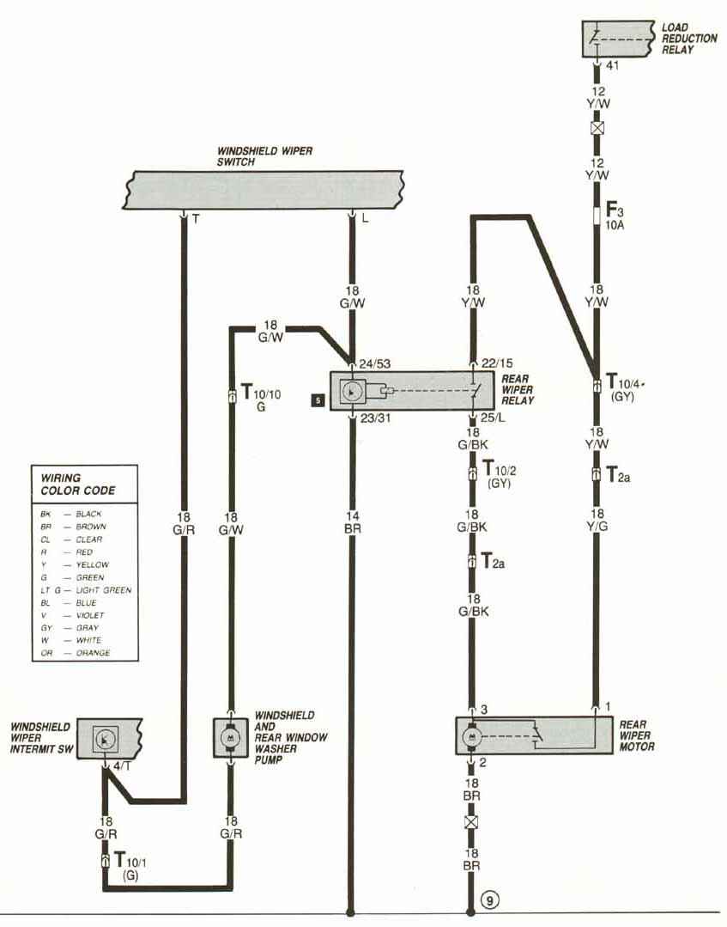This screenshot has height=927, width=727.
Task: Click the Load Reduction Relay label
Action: (x=677, y=39)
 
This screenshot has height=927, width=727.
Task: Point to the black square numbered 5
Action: (x=318, y=400)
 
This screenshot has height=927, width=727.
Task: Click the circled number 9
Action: (x=489, y=900)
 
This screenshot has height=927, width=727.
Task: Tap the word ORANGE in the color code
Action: (x=95, y=653)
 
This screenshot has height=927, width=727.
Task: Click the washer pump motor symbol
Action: (x=229, y=736)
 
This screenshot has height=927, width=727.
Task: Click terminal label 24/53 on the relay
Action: (x=375, y=363)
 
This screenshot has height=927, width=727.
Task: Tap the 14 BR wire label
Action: (x=352, y=523)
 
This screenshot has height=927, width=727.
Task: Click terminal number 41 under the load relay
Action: (x=613, y=64)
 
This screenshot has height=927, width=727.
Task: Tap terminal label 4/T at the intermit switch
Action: (x=122, y=765)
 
